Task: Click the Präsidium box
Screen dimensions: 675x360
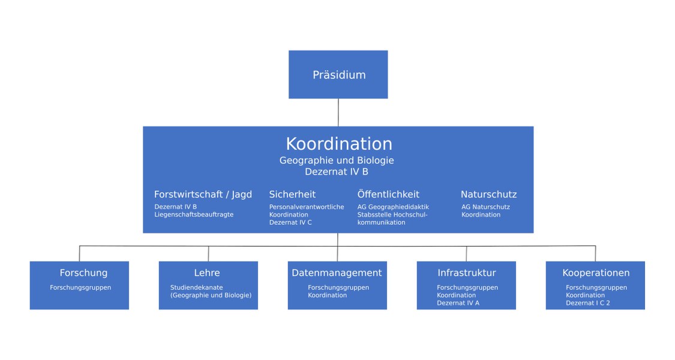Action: (338, 74)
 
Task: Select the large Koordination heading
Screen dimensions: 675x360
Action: (339, 144)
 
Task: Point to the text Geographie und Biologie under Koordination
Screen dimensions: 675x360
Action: (337, 161)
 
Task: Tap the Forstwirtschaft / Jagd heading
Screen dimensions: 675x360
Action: (203, 194)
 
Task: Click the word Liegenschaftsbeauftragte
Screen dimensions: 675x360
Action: (194, 214)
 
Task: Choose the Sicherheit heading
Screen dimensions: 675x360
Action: (292, 194)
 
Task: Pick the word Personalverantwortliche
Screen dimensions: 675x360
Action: (307, 206)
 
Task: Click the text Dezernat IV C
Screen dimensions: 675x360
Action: (290, 223)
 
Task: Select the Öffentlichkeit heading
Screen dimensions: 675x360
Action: (388, 194)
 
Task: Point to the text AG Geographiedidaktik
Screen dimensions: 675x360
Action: (393, 206)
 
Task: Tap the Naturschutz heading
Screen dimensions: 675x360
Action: (488, 194)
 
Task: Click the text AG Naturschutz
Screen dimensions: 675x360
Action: (485, 206)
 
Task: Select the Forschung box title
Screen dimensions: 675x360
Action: (83, 273)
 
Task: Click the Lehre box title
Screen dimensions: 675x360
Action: (207, 273)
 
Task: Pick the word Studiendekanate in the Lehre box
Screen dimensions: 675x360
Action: (196, 287)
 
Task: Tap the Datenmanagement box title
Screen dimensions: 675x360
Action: (337, 273)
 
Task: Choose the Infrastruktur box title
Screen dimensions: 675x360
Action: (467, 273)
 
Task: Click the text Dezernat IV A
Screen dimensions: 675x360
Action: (458, 303)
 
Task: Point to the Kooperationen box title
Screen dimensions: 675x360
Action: (596, 273)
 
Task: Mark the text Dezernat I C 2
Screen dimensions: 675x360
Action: (587, 303)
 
